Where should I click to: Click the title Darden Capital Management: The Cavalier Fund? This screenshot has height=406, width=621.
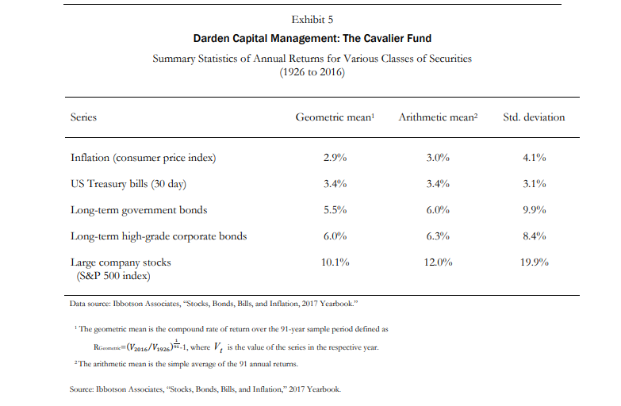point(312,38)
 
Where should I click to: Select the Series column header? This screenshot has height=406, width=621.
point(83,117)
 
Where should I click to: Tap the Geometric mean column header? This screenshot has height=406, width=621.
point(334,117)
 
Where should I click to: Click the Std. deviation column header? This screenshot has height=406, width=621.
point(534,117)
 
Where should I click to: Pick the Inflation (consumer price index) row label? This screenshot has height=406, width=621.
point(143,157)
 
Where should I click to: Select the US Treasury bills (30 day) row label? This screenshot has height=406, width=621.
point(128,184)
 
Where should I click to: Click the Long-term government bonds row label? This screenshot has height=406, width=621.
point(139,210)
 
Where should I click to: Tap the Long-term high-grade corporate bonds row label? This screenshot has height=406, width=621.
point(159,236)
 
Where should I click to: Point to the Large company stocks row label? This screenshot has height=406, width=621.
point(121,262)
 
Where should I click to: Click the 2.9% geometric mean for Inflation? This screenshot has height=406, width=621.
point(335,157)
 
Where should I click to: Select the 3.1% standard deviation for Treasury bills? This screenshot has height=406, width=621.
point(534,184)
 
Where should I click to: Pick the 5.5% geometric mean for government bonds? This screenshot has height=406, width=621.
point(335,210)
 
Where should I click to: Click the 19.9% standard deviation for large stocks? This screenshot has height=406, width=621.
point(534,262)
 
